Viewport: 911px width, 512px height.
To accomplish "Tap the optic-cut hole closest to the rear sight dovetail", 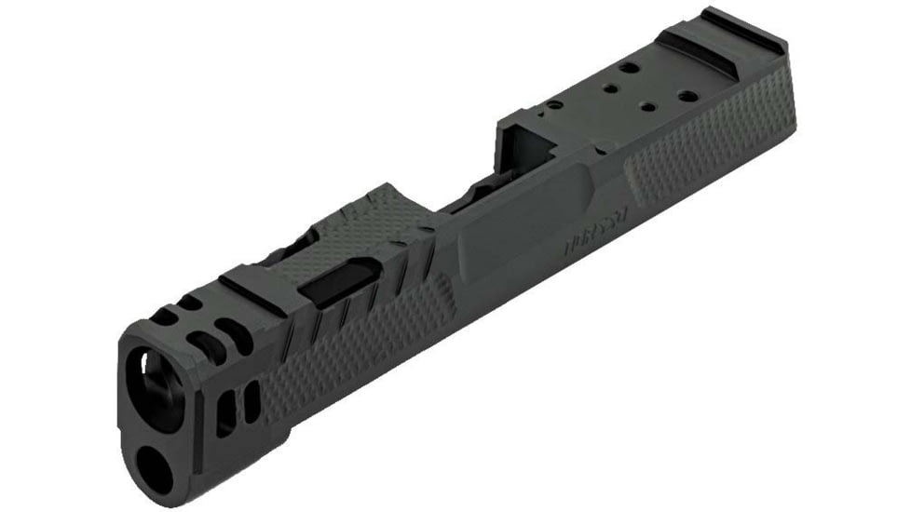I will point(688,96).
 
